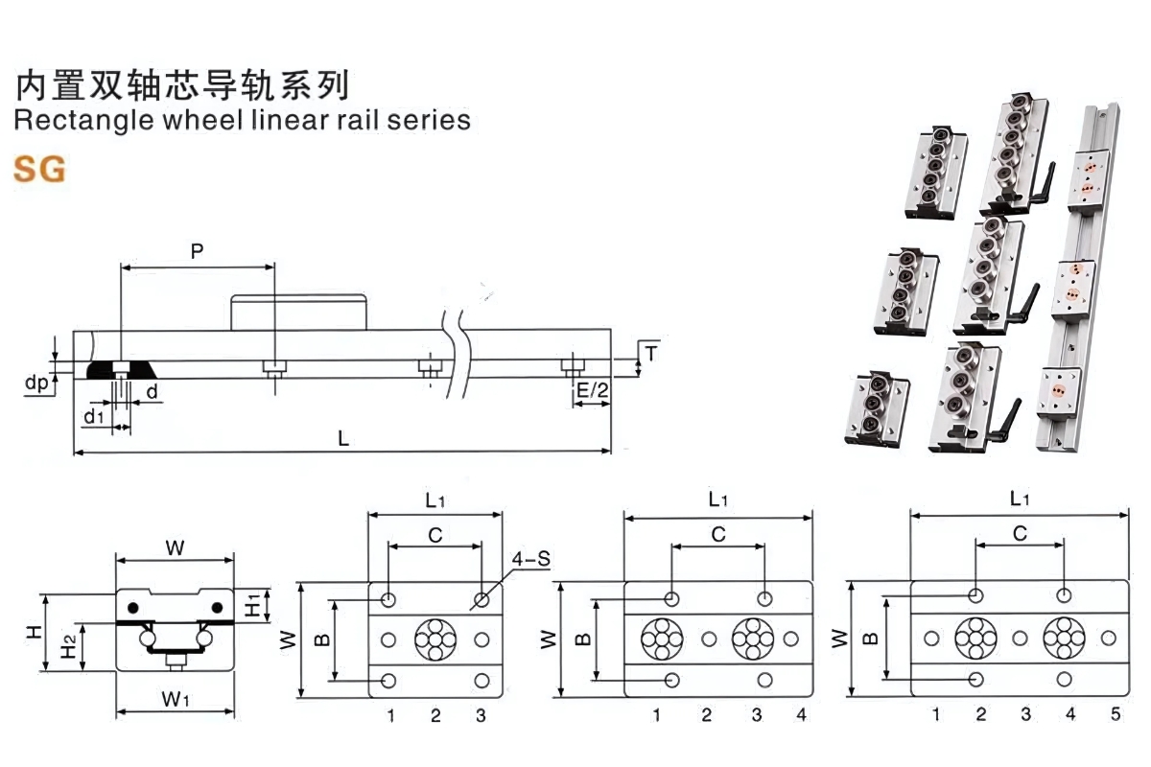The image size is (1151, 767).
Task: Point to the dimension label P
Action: (198, 252)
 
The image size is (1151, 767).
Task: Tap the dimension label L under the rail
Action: (342, 438)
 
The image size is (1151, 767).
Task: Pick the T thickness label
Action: (650, 353)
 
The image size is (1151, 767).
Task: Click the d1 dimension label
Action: (93, 416)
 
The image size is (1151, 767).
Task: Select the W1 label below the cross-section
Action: (175, 699)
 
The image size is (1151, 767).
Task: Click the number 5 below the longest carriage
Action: (1115, 714)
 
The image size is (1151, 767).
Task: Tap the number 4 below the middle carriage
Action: (801, 714)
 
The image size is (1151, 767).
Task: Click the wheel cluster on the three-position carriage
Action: (435, 639)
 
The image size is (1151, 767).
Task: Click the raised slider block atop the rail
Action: (298, 313)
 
